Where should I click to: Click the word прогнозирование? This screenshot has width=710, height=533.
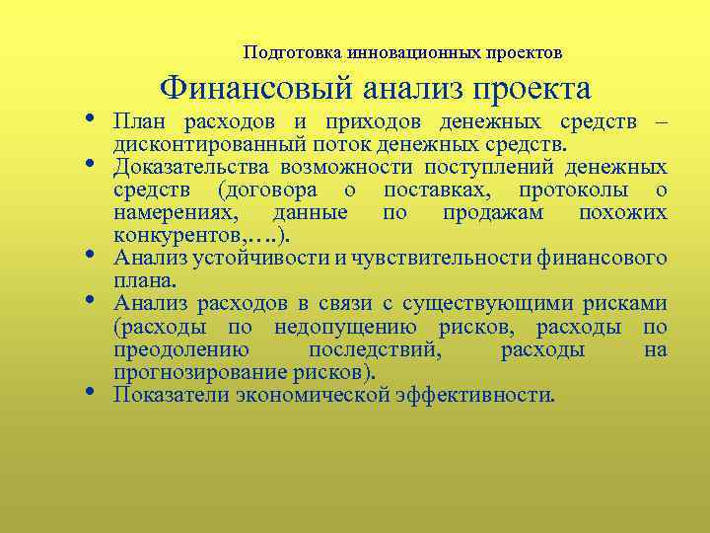pyautogui.click(x=193, y=372)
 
